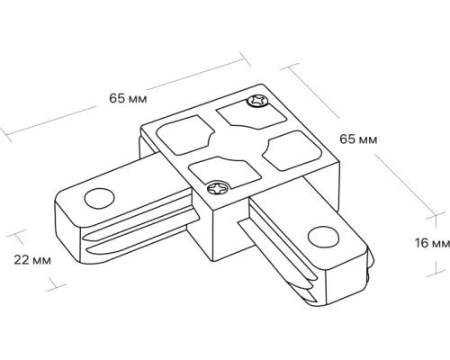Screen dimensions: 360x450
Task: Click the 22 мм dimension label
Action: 32,260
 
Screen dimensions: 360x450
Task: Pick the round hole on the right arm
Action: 319,236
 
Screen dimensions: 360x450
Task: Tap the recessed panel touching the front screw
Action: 216,171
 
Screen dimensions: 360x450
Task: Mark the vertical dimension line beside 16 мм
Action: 410,243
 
